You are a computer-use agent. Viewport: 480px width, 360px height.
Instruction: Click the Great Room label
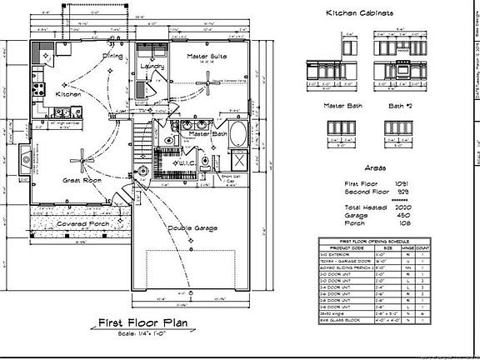point(81,179)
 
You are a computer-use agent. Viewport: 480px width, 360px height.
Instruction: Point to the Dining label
point(112,56)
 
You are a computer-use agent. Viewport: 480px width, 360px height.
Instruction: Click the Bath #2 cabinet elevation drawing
point(397,128)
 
